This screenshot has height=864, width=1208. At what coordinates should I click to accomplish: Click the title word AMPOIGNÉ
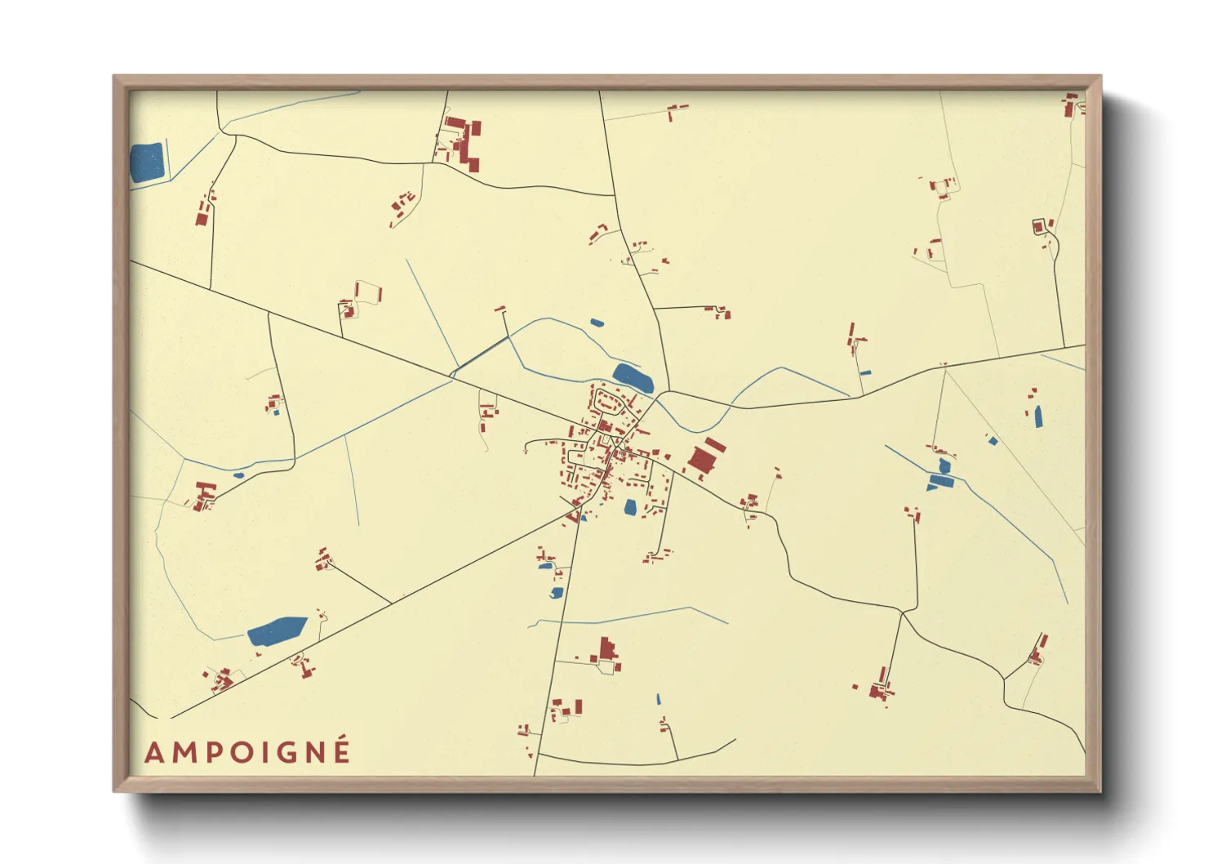247,751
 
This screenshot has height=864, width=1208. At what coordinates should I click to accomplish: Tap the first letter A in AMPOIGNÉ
153,753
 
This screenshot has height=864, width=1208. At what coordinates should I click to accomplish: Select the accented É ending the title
342,750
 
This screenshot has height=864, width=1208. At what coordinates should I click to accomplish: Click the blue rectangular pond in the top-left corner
147,163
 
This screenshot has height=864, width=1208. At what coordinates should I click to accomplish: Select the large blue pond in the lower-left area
277,631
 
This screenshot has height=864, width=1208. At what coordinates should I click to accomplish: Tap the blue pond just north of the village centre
633,377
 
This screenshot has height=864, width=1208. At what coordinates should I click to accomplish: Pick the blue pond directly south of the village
630,508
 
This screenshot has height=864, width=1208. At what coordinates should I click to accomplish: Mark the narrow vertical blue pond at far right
1038,416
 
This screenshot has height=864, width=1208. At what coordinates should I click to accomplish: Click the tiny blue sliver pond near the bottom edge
659,699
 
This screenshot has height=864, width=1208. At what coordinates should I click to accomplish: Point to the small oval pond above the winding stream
597,323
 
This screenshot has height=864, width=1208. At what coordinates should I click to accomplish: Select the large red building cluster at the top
463,144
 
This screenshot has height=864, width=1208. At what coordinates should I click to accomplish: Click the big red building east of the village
705,457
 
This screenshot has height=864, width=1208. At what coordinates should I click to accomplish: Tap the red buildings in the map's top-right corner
1071,105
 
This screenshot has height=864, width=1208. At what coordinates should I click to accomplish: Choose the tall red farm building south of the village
606,650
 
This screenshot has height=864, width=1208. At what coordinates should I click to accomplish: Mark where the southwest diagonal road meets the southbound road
580,507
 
